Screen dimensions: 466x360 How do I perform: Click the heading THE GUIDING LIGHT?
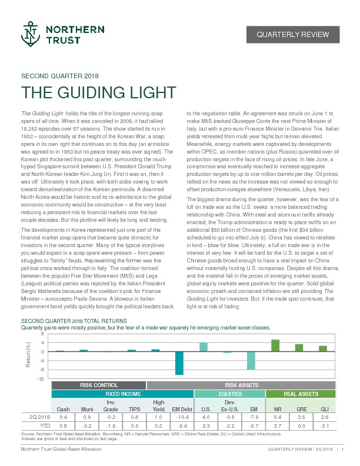98,92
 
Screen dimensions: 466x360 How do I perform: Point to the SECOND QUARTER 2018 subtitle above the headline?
59,76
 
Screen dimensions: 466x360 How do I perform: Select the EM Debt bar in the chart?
179,362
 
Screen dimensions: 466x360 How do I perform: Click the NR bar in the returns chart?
275,345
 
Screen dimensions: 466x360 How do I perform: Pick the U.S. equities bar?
203,347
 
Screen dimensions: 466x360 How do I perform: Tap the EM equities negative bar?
251,360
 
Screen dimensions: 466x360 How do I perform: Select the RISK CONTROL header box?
98,385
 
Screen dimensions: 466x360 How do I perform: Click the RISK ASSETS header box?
241,385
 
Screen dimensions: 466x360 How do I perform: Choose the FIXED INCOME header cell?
122,394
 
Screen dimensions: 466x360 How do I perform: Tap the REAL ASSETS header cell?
301,394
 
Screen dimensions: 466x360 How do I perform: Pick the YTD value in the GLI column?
324,424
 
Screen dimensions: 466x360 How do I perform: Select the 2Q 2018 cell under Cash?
63,416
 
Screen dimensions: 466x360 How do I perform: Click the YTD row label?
44,424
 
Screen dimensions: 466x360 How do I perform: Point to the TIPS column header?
134,408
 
